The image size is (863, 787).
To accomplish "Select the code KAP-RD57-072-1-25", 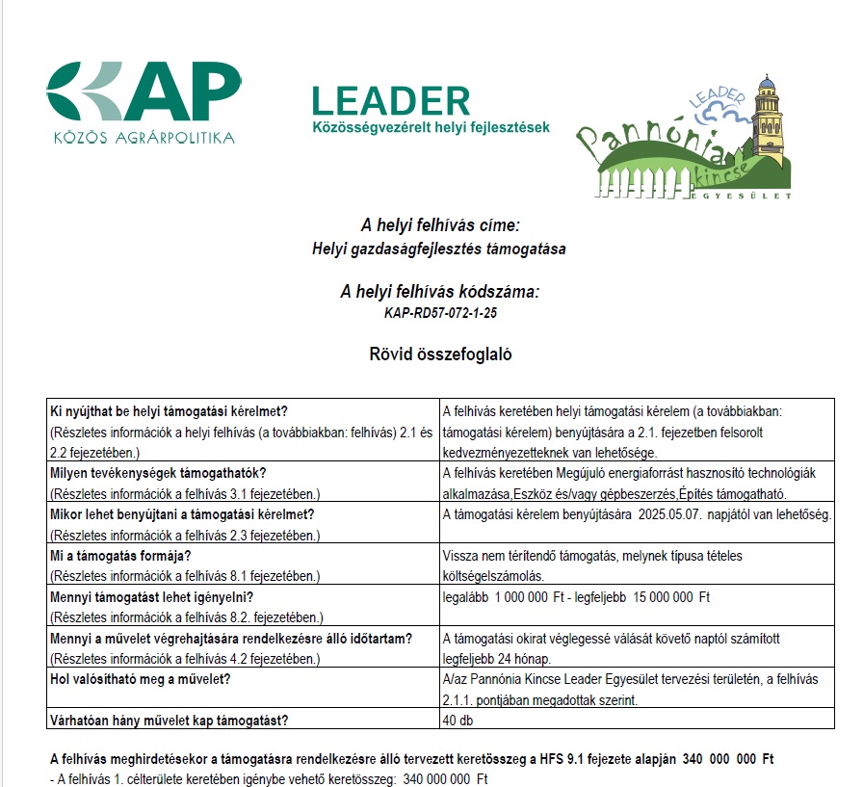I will (439, 313).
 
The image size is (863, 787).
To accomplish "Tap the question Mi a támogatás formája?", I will (120, 556).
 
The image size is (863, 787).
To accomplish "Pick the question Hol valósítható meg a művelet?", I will (146, 679).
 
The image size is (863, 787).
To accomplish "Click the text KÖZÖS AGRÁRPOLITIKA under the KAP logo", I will (144, 138).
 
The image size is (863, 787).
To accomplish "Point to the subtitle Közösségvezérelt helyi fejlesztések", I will (431, 127).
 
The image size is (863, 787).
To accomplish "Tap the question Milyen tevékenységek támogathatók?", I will (158, 473).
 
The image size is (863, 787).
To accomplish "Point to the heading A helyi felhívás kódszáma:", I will (439, 292).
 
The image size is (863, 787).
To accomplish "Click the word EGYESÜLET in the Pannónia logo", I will (742, 196).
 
